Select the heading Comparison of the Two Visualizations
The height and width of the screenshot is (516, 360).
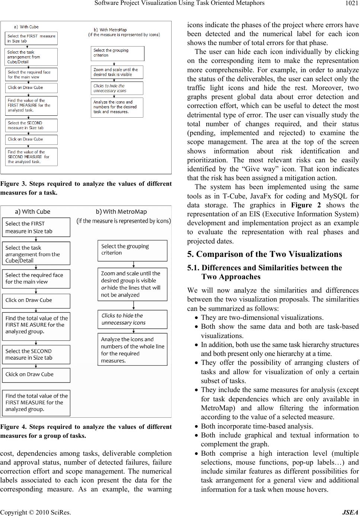[x=264, y=254]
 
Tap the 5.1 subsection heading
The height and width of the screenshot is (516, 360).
[x=264, y=272]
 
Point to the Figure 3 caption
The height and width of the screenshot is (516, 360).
[x=86, y=188]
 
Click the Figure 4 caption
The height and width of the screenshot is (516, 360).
[x=86, y=431]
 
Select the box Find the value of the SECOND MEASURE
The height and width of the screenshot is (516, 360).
[x=31, y=157]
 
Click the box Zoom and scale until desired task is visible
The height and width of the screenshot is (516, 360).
[x=117, y=72]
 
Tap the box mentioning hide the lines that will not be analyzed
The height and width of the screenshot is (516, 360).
[x=132, y=284]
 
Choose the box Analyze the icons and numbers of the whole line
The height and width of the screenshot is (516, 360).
[x=132, y=350]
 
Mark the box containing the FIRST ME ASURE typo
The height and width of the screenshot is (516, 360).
[x=36, y=325]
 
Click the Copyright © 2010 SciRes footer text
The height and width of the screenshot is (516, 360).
[x=36, y=512]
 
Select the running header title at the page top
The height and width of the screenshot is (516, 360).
[x=179, y=3]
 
